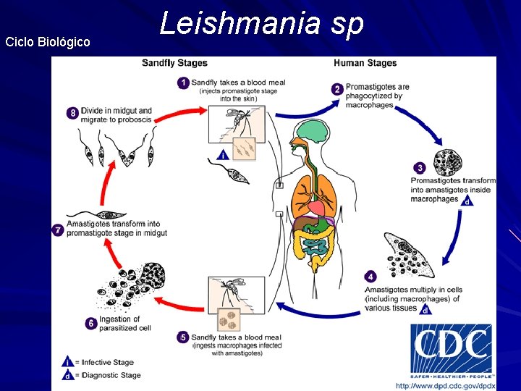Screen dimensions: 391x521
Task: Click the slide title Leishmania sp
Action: coord(261,24)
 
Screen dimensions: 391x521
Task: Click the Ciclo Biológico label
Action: coord(48,42)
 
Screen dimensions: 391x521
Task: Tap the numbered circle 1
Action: coord(184,83)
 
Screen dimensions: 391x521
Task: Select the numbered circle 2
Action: coord(338,89)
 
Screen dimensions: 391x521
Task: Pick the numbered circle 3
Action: coord(419,168)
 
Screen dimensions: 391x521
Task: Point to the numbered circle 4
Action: coord(370,276)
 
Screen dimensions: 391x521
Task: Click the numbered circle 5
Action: coord(184,337)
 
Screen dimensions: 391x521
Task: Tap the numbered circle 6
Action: coord(91,324)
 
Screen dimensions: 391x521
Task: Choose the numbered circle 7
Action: coord(59,230)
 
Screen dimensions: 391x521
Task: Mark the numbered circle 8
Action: coord(72,113)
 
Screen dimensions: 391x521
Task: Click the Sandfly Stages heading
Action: coord(174,63)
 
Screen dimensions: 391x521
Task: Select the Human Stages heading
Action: coord(365,63)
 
